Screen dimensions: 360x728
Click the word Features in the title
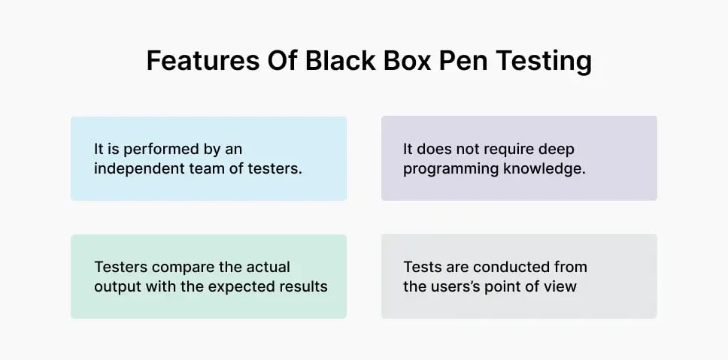point(195,61)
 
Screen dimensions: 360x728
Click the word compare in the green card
point(177,267)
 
